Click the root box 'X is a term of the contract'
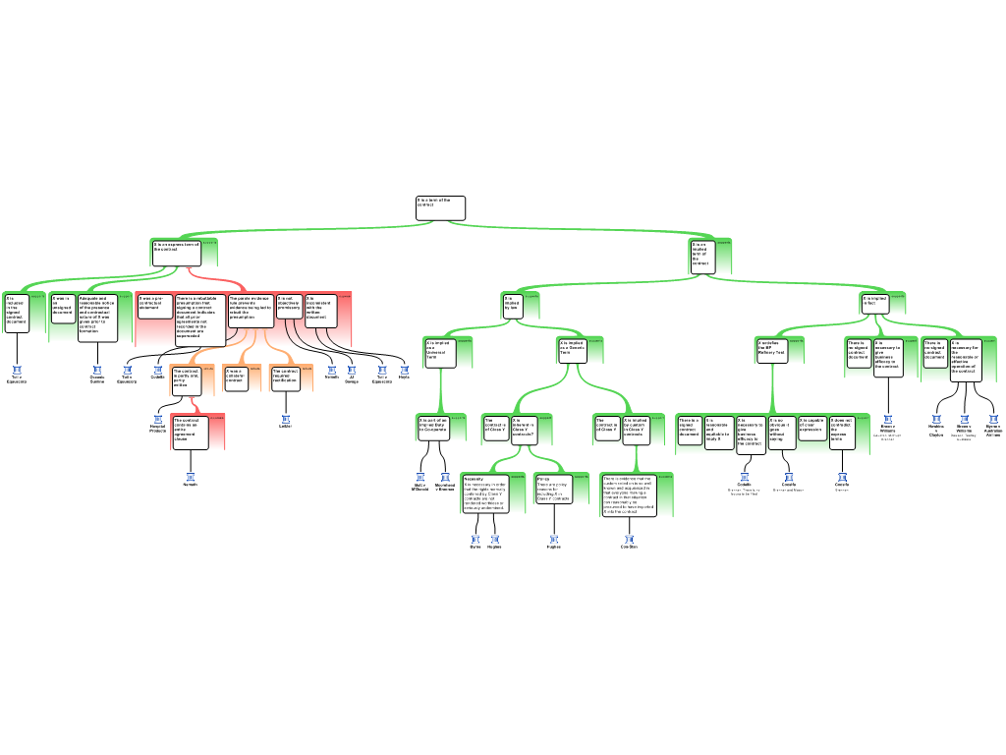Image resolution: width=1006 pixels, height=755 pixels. pos(439,207)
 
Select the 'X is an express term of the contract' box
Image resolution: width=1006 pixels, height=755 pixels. pos(176,253)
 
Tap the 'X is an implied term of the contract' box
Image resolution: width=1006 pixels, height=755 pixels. pos(701,256)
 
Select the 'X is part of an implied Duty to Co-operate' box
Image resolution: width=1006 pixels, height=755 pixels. pos(432,427)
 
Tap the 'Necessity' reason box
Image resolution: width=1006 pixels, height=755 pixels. pos(485,494)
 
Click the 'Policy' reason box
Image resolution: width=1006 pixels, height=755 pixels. pos(552,490)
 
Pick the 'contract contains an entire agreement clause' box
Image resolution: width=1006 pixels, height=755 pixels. pos(190,433)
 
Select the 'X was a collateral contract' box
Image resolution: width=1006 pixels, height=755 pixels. pos(236,378)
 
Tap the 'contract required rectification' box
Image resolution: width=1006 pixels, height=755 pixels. pos(285,378)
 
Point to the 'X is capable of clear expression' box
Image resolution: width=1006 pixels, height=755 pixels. pos(812,428)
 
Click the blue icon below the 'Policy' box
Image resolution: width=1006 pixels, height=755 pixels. pos(554,540)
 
